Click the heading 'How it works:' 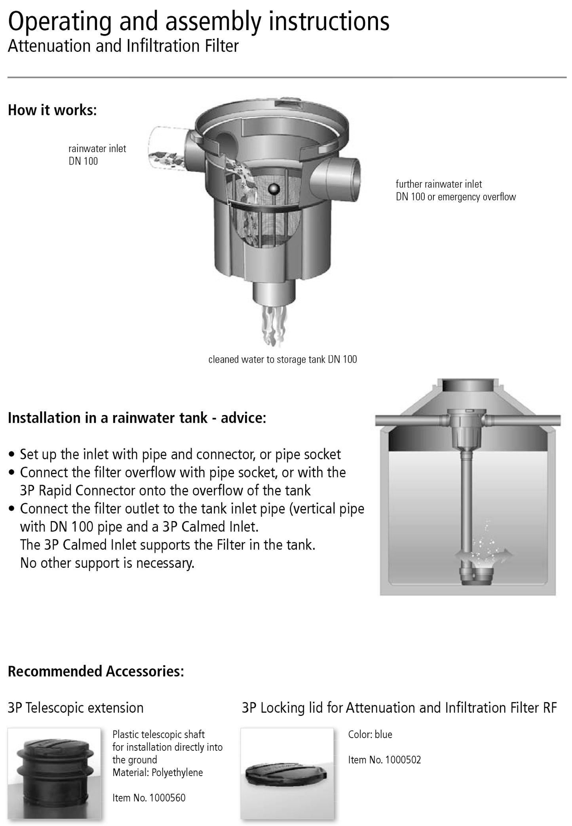[52, 110]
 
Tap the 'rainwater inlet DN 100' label [97, 155]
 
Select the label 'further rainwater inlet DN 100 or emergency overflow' [456, 190]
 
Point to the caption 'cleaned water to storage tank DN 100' [283, 360]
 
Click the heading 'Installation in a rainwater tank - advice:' [137, 418]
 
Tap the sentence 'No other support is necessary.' [107, 563]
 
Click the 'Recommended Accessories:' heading [96, 672]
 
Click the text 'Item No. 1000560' [149, 797]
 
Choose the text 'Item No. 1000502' [384, 759]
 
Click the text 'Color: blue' [370, 735]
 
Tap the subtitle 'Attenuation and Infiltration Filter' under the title [123, 46]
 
